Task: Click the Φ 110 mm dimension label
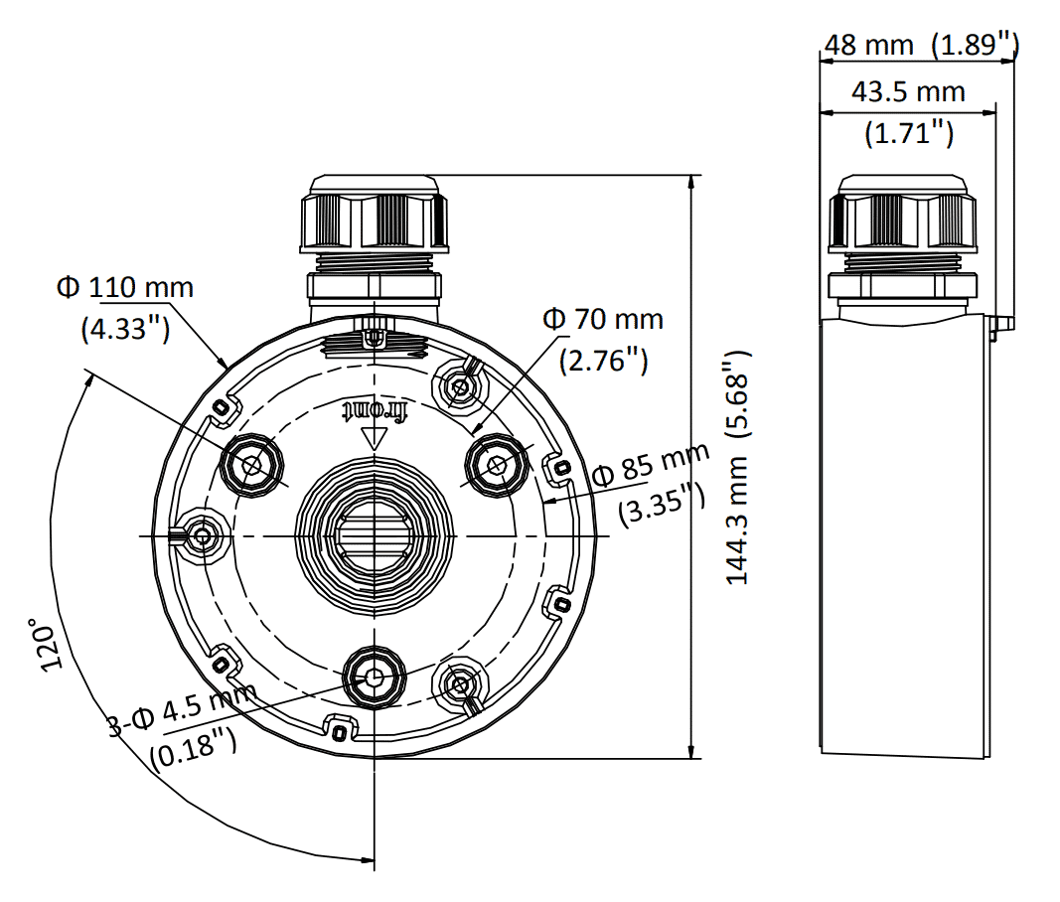[x=125, y=288]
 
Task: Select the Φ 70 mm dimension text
[x=603, y=319]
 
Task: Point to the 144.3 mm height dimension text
[x=737, y=521]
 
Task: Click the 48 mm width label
[x=868, y=46]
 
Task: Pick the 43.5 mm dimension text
[x=908, y=92]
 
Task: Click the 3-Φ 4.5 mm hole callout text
[x=184, y=709]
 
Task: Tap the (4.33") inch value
[x=125, y=329]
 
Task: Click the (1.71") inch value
[x=909, y=133]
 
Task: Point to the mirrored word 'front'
[x=374, y=411]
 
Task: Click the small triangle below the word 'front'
[x=374, y=439]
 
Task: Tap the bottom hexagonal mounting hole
[x=374, y=676]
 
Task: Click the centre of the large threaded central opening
[x=374, y=536]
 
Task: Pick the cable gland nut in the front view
[x=374, y=214]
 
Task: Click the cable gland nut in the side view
[x=902, y=214]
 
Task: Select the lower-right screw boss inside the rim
[x=460, y=684]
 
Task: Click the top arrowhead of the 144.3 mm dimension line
[x=690, y=183]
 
